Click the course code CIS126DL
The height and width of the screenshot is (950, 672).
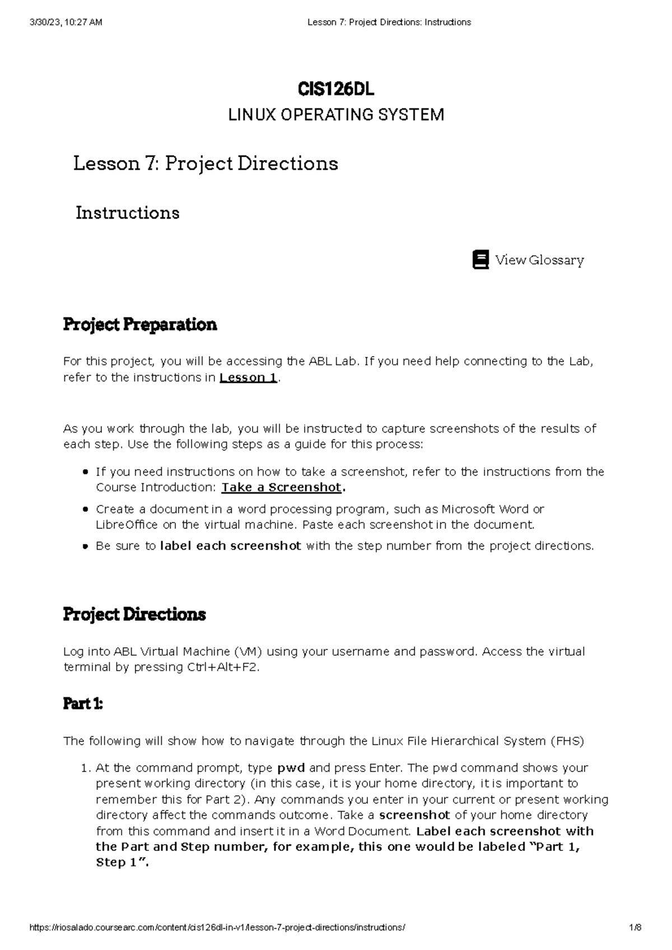click(335, 89)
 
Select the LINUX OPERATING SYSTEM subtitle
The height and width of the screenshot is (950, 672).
click(335, 115)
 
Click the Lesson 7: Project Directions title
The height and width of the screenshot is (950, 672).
click(206, 163)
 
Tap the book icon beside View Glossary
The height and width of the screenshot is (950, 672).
click(480, 260)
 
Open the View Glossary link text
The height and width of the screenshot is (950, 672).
click(539, 260)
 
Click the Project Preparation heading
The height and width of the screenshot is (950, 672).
click(139, 325)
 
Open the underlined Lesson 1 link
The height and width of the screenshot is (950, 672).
click(249, 377)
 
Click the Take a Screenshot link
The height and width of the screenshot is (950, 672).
click(281, 487)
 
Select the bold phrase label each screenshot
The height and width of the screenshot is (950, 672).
click(230, 546)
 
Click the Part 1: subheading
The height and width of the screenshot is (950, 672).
click(83, 704)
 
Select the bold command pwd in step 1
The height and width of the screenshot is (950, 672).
click(291, 768)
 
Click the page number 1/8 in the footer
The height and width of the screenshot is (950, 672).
click(635, 928)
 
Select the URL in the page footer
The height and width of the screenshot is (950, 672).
click(217, 928)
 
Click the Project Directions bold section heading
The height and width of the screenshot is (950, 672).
click(134, 615)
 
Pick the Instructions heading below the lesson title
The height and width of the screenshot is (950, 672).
click(127, 213)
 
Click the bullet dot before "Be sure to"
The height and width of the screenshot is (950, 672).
click(85, 546)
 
